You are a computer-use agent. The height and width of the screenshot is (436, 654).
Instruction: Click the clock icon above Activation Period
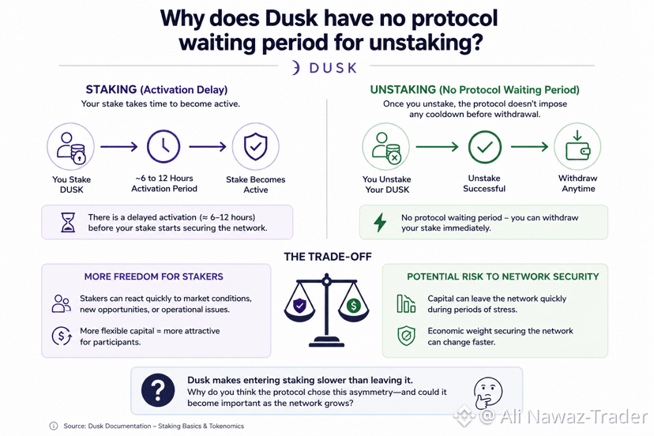click(163, 146)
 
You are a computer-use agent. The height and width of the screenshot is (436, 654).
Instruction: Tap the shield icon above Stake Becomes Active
click(255, 146)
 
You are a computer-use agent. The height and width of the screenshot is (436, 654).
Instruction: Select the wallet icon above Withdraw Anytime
click(577, 146)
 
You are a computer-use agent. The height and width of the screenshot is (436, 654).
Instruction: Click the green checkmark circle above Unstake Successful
click(485, 147)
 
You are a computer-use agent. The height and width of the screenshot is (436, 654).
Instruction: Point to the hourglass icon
click(68, 222)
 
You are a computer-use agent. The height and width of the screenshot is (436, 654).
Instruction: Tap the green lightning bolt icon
click(380, 223)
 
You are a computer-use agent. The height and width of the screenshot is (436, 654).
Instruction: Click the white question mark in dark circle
click(158, 390)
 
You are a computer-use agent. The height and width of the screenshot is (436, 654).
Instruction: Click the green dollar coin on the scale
click(354, 306)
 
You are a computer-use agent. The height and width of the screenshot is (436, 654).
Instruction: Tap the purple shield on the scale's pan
click(300, 306)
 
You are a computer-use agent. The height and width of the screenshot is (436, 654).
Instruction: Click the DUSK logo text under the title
click(333, 68)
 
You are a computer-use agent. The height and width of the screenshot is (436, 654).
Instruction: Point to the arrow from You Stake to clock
click(118, 146)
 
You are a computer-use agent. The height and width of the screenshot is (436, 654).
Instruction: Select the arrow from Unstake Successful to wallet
click(529, 146)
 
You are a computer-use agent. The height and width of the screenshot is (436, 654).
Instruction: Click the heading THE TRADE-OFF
click(328, 257)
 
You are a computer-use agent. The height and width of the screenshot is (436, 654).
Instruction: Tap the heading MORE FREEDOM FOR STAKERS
click(153, 276)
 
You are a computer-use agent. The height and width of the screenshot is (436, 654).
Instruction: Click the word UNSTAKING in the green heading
click(403, 90)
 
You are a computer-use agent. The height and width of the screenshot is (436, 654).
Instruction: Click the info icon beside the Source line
click(54, 426)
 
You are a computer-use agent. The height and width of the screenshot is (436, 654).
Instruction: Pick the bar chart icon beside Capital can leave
click(406, 303)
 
